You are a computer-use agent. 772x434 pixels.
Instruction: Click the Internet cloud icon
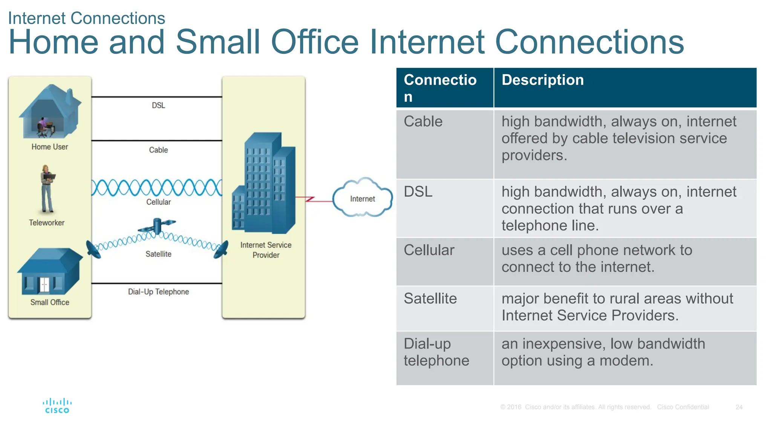point(362,198)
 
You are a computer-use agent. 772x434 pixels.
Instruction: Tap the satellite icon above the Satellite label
point(157,226)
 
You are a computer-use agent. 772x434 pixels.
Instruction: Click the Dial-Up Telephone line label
point(158,292)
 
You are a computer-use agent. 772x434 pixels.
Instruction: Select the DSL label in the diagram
point(158,105)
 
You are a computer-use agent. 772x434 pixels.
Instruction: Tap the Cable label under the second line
point(158,150)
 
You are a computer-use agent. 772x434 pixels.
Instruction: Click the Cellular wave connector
point(156,188)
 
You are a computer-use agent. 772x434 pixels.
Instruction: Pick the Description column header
point(542,80)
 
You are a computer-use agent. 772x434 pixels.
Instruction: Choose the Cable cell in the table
point(423,122)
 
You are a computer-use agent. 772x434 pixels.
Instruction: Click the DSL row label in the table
point(418,192)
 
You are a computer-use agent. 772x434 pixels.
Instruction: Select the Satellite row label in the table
point(430,299)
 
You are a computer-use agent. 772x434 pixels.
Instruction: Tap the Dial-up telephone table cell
point(436,352)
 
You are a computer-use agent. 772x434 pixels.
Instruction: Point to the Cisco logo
point(57,406)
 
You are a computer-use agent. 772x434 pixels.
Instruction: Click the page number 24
point(739,407)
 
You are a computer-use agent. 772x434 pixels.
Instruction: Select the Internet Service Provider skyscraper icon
point(264,183)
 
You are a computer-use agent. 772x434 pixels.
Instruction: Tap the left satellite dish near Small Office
point(93,249)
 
